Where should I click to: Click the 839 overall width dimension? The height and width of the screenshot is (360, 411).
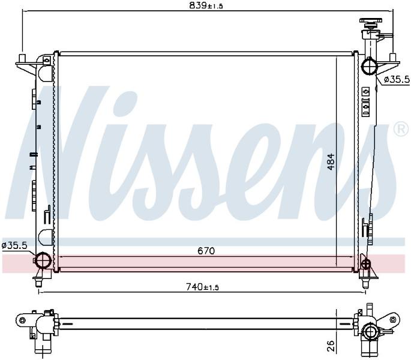[x=206, y=5]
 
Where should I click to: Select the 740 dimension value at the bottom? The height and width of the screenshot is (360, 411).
[x=202, y=287]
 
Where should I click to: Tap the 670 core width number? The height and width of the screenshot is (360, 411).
[x=206, y=251]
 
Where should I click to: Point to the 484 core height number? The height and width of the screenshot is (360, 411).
[x=331, y=162]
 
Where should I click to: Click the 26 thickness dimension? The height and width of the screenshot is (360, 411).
[x=331, y=346]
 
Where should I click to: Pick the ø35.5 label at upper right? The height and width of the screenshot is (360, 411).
[x=397, y=79]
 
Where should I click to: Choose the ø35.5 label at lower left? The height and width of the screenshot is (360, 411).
[x=14, y=245]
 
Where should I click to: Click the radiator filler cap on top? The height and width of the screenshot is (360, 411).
[x=370, y=23]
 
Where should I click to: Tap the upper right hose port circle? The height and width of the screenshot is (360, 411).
[x=370, y=66]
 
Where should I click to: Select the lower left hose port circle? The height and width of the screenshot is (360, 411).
[x=42, y=260]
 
